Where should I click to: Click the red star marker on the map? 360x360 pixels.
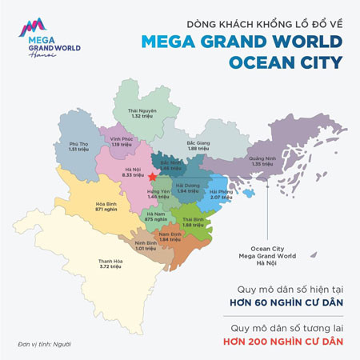point(152,176)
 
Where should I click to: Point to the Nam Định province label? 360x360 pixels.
point(170,238)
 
